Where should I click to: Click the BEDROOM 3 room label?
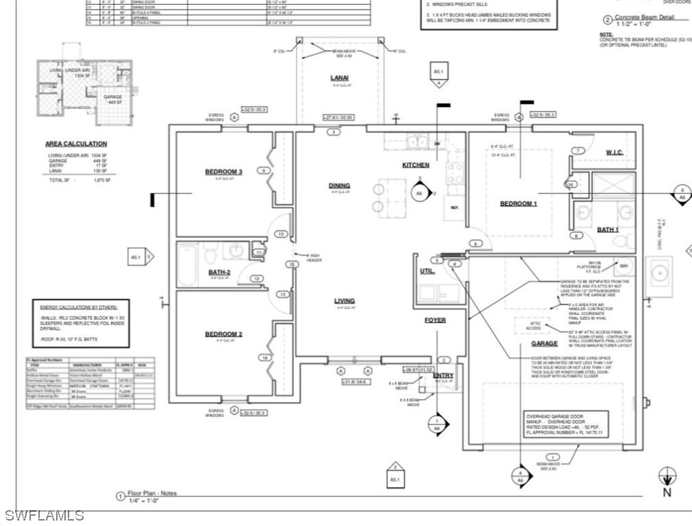[223, 171]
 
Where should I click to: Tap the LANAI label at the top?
[340, 78]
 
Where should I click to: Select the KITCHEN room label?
[415, 165]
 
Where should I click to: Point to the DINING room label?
[339, 186]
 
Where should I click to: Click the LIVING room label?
[344, 301]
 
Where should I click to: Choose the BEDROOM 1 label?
[519, 203]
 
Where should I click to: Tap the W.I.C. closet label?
[614, 152]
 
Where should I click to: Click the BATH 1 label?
[607, 229]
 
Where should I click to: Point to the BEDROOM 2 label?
[223, 334]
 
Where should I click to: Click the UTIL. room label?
[428, 272]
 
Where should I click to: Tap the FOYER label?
[434, 320]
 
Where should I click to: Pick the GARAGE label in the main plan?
[544, 343]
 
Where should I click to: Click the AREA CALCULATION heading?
[76, 144]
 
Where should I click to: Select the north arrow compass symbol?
[667, 475]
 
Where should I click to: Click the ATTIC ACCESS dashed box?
[533, 327]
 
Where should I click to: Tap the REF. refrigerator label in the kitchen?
[454, 206]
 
